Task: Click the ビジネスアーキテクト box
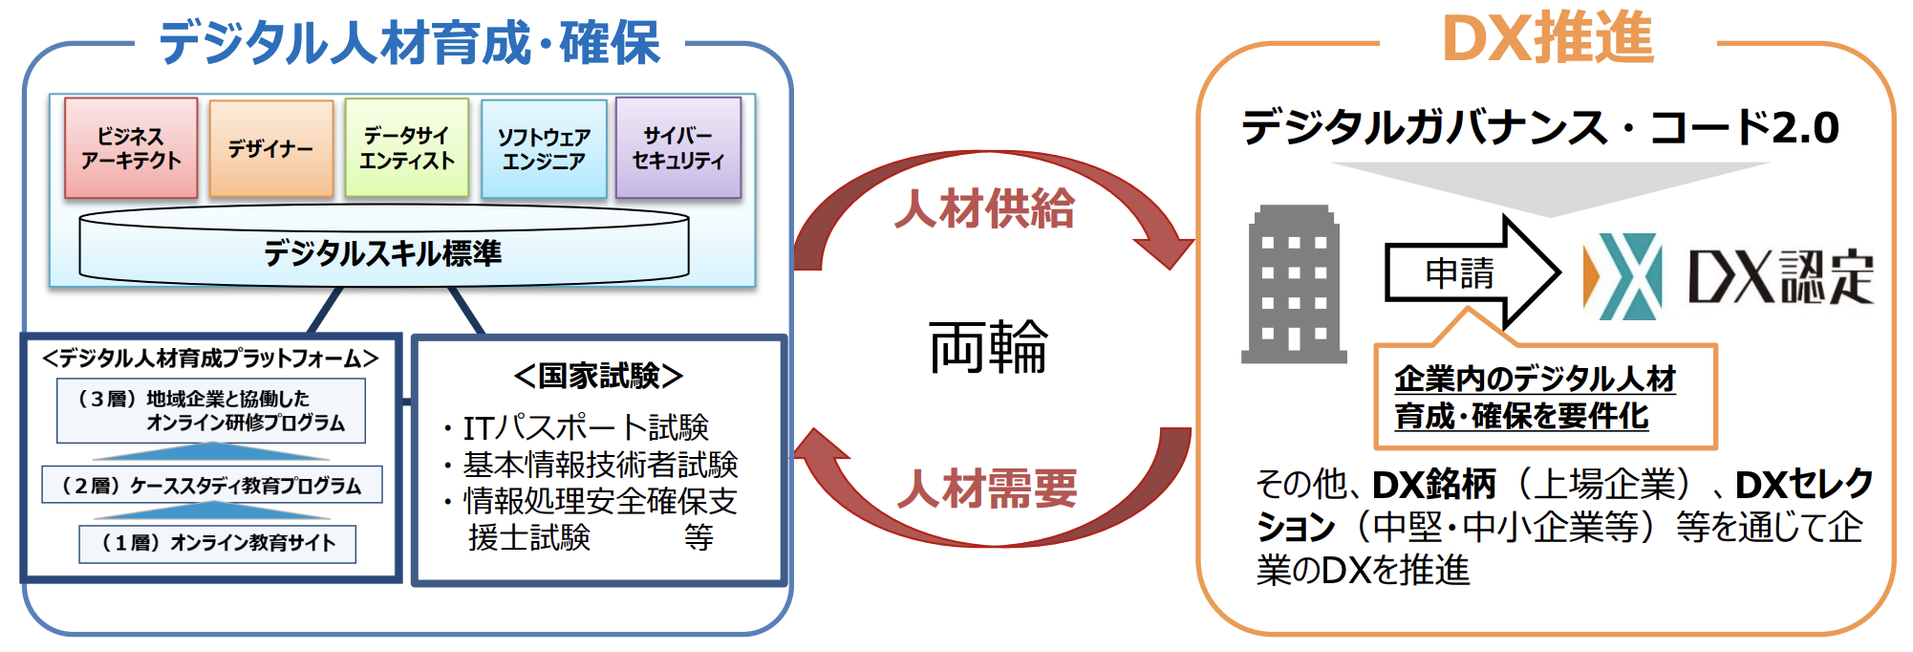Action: point(131,148)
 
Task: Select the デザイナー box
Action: point(271,149)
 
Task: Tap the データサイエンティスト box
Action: point(407,148)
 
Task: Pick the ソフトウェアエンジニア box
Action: point(544,149)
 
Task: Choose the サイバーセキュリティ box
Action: point(678,148)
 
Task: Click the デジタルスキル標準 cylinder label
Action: point(383,253)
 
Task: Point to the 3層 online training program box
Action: point(211,411)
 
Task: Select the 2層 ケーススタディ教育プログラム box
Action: point(212,485)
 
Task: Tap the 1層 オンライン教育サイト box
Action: point(218,543)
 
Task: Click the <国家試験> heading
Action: point(598,376)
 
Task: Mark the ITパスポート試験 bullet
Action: point(576,427)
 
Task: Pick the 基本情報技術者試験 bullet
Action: point(591,465)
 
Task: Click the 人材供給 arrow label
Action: point(984,208)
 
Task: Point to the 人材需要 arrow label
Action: point(987,489)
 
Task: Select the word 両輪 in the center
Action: point(988,346)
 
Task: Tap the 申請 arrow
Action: point(1472,273)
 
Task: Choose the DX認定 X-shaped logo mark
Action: point(1623,276)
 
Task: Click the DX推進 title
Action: point(1547,39)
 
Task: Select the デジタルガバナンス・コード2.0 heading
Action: point(1540,127)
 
